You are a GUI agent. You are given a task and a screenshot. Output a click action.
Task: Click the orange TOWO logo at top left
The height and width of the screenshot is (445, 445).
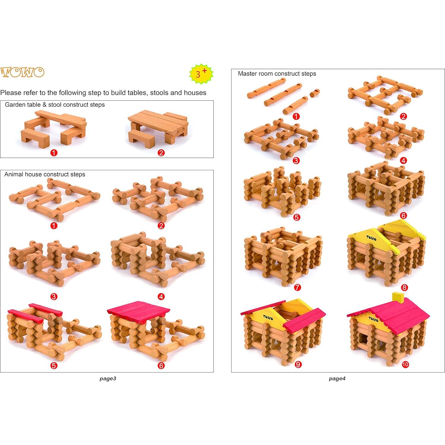click(x=22, y=72)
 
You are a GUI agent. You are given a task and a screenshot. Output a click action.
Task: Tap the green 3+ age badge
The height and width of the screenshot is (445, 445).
click(x=201, y=73)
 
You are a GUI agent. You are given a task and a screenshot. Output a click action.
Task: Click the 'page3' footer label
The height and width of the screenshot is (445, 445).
click(x=108, y=378)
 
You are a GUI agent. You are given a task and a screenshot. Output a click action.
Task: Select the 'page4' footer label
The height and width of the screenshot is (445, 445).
click(x=337, y=378)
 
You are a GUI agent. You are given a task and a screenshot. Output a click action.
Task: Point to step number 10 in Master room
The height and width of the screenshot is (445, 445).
click(x=405, y=364)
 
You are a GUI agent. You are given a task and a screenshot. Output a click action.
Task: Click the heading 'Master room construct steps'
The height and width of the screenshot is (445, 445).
click(x=277, y=74)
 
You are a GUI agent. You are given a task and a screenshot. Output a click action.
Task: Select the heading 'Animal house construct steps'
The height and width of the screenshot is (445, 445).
click(x=45, y=174)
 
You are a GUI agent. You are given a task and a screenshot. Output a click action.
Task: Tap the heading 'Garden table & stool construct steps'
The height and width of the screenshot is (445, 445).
click(x=55, y=105)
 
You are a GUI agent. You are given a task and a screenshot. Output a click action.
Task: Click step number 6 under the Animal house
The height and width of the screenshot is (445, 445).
click(x=161, y=365)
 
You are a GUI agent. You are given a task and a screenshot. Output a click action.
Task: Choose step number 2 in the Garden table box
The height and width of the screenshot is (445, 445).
click(x=161, y=153)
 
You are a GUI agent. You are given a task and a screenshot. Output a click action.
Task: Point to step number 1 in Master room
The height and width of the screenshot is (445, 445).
click(x=296, y=116)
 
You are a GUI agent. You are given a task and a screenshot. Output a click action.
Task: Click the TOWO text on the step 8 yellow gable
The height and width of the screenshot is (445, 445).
click(x=371, y=238)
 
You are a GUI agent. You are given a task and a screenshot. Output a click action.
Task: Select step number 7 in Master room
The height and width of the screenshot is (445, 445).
click(x=297, y=287)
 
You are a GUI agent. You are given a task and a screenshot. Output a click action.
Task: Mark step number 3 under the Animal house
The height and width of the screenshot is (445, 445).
click(x=54, y=296)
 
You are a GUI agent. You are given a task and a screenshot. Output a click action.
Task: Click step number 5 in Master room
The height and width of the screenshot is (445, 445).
click(x=296, y=217)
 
